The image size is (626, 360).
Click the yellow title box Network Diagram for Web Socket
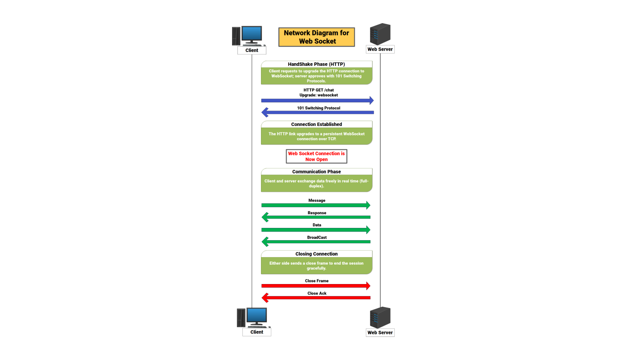pyautogui.click(x=316, y=37)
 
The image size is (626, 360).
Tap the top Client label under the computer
pyautogui.click(x=251, y=50)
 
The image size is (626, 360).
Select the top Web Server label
pyautogui.click(x=380, y=49)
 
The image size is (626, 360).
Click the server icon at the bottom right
pyautogui.click(x=380, y=317)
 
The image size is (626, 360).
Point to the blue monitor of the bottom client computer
pyautogui.click(x=256, y=316)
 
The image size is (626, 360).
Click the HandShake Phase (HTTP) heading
pyautogui.click(x=316, y=64)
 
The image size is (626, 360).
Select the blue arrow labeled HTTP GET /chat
pyautogui.click(x=317, y=100)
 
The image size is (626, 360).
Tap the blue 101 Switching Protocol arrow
pyautogui.click(x=317, y=112)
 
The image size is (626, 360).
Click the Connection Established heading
pyautogui.click(x=316, y=124)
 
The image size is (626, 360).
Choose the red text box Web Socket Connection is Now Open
pyautogui.click(x=316, y=156)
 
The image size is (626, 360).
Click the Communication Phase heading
pyautogui.click(x=316, y=172)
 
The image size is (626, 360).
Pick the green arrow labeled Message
pyautogui.click(x=315, y=205)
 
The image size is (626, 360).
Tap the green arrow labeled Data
pyautogui.click(x=315, y=230)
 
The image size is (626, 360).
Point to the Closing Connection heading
pyautogui.click(x=316, y=254)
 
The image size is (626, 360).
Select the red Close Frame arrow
pyautogui.click(x=315, y=286)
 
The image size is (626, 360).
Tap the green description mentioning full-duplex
pyautogui.click(x=316, y=184)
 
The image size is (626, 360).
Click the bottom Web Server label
pyautogui.click(x=380, y=333)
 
